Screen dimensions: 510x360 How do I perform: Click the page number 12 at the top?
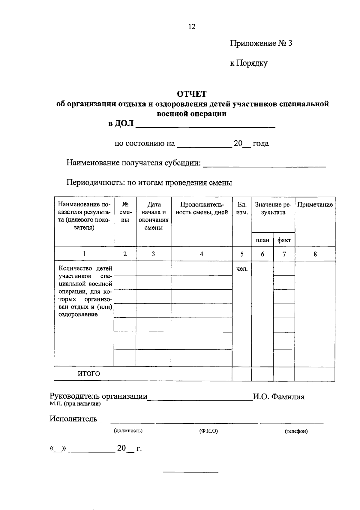(x=192, y=27)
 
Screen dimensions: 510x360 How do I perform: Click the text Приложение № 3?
(x=261, y=43)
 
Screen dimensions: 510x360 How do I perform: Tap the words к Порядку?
(x=249, y=63)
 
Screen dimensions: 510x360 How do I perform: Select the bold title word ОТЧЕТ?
(x=192, y=94)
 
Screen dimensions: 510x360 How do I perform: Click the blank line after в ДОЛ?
(x=205, y=125)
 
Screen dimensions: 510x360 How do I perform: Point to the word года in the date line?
(x=261, y=143)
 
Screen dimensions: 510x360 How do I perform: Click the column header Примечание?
(x=315, y=205)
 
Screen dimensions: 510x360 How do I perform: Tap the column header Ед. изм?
(x=242, y=208)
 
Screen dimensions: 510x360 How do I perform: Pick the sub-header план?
(x=262, y=240)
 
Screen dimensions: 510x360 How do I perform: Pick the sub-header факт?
(x=284, y=240)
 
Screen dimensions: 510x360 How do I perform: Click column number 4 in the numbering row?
(x=202, y=254)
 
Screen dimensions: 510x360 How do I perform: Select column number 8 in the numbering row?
(x=315, y=254)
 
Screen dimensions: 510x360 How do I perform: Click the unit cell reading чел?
(x=242, y=269)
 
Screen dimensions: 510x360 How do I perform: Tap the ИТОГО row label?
(x=89, y=374)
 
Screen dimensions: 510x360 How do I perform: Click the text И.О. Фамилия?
(x=278, y=397)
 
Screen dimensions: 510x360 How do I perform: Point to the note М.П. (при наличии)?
(x=75, y=404)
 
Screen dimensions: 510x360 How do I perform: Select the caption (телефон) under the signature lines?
(x=296, y=431)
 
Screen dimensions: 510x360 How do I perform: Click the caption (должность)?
(x=128, y=431)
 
